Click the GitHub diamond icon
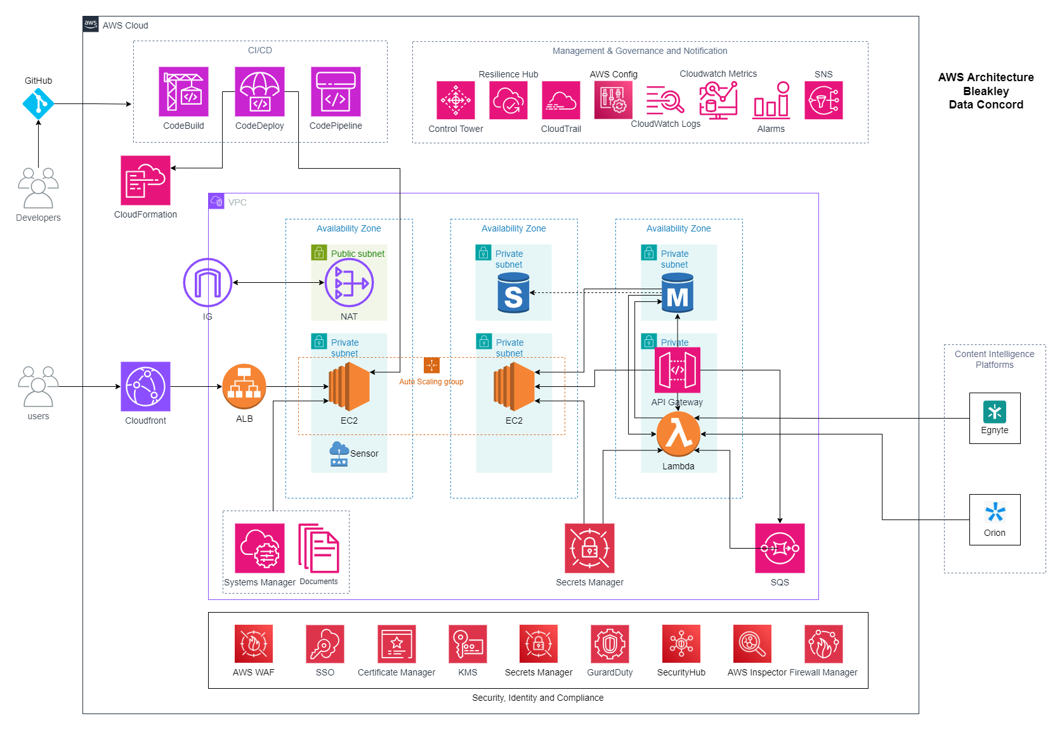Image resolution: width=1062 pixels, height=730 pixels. (39, 103)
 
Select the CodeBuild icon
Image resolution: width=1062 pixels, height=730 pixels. (183, 91)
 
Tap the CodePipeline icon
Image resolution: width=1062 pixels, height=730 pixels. (336, 91)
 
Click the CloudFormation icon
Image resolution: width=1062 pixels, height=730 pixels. (145, 181)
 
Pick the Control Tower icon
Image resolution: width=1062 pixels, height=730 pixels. (456, 100)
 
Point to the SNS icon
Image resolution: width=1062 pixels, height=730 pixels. (823, 100)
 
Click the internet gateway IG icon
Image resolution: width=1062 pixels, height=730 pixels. (207, 282)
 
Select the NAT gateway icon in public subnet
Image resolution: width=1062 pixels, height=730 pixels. (350, 284)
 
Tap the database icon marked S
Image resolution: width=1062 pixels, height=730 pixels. (513, 293)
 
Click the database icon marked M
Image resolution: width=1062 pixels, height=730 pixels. (678, 293)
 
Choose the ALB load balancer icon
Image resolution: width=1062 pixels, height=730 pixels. (244, 386)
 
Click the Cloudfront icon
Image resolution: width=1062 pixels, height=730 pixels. (145, 386)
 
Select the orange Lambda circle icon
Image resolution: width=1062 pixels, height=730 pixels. (678, 434)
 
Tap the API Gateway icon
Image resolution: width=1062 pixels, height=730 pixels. (678, 370)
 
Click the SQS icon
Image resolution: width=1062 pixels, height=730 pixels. (780, 549)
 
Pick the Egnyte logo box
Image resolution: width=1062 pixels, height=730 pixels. (995, 418)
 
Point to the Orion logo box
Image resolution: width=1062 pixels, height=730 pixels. (995, 519)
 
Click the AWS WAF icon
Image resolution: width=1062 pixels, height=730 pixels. (254, 644)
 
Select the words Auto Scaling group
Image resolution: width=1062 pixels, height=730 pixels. (431, 382)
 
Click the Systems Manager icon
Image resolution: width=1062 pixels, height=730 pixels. (260, 549)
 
